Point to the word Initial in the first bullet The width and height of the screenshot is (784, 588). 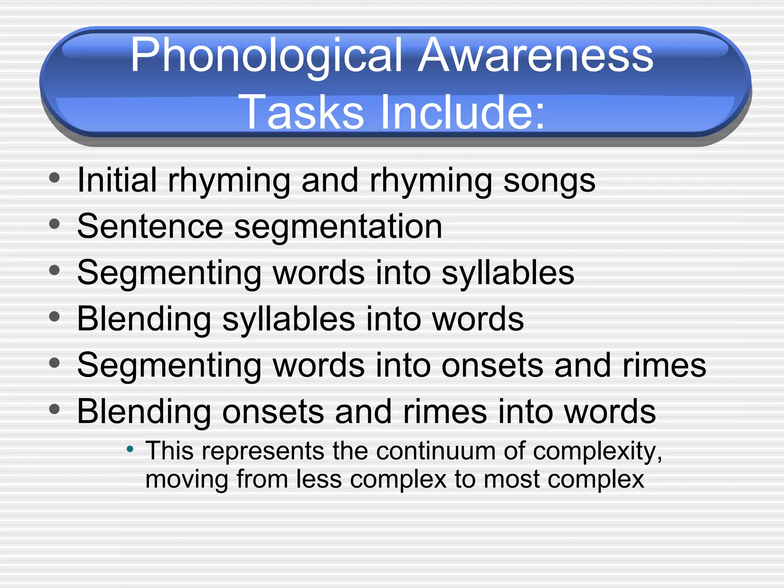(x=117, y=180)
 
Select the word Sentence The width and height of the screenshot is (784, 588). (x=150, y=226)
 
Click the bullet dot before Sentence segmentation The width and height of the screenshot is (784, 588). (x=55, y=224)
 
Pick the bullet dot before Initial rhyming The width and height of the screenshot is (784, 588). (x=55, y=178)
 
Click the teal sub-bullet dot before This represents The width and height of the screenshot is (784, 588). (x=130, y=449)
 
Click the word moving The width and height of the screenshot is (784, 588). (x=186, y=480)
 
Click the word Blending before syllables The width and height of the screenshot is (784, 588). (x=144, y=319)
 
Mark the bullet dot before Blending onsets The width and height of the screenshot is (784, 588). (x=55, y=409)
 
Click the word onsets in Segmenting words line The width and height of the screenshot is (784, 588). (x=492, y=366)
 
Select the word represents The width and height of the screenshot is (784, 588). (x=263, y=451)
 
